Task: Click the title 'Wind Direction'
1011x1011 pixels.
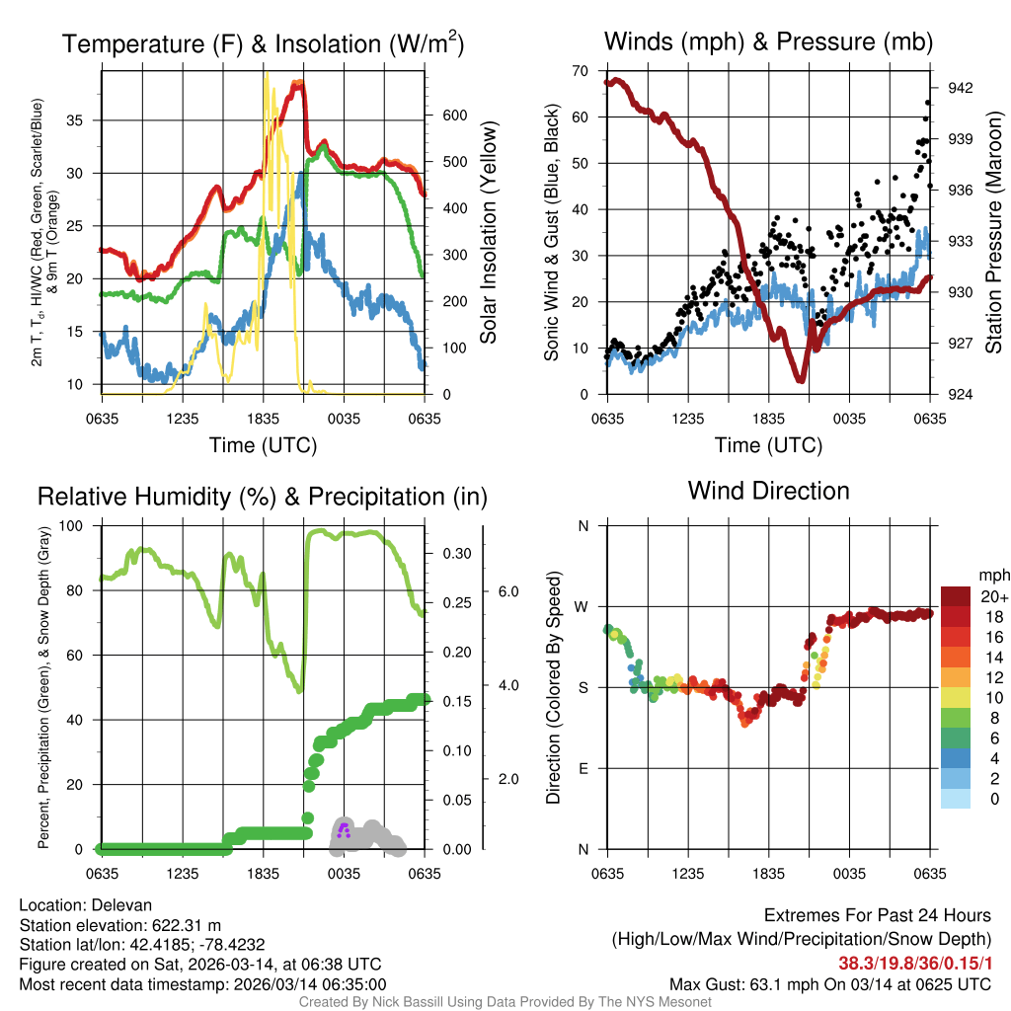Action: pyautogui.click(x=768, y=491)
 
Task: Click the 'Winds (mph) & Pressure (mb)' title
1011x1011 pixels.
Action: pyautogui.click(x=768, y=41)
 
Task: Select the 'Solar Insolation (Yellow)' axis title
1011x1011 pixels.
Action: pyautogui.click(x=489, y=233)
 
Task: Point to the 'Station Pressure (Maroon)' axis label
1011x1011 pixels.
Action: pyautogui.click(x=993, y=233)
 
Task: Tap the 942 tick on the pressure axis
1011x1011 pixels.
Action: pyautogui.click(x=960, y=88)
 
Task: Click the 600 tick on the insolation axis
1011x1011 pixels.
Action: pyautogui.click(x=454, y=115)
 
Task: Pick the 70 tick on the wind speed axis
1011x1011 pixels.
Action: pyautogui.click(x=581, y=70)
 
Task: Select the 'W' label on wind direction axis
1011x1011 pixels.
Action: pyautogui.click(x=582, y=606)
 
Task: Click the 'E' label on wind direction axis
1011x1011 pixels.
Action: pyautogui.click(x=582, y=768)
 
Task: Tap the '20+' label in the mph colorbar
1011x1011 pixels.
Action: pyautogui.click(x=993, y=597)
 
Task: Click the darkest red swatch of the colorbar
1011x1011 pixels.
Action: pyautogui.click(x=958, y=596)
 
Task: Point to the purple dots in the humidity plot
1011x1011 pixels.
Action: pyautogui.click(x=344, y=829)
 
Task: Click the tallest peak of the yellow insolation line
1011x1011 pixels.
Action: pyautogui.click(x=267, y=74)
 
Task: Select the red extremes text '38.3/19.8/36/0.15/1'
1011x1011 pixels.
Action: pyautogui.click(x=907, y=963)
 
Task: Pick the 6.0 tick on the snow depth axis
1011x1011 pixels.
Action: pyautogui.click(x=507, y=591)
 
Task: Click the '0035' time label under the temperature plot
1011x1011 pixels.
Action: pyautogui.click(x=344, y=418)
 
